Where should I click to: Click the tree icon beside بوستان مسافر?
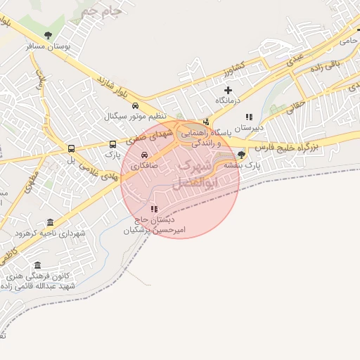point(48,35)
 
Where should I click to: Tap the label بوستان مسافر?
point(48,46)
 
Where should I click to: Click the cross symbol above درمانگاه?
point(228,90)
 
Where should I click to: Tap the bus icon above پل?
point(71,148)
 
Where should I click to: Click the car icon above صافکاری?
point(144,156)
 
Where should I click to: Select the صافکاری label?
point(144,167)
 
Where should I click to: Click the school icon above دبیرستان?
point(248,117)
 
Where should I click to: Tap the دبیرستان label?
point(248,128)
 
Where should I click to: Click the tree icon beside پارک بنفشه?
point(242,155)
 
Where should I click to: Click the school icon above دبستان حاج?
point(154,209)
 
